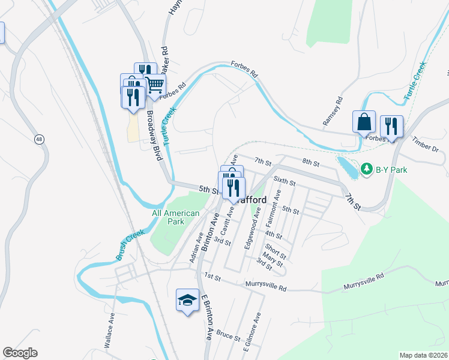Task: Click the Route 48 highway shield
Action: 39,139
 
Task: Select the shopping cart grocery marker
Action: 155,86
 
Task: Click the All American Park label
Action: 175,217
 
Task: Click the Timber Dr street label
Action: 426,148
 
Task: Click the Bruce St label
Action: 228,333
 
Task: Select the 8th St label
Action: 310,162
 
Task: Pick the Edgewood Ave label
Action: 252,229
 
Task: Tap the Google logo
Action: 20,353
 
